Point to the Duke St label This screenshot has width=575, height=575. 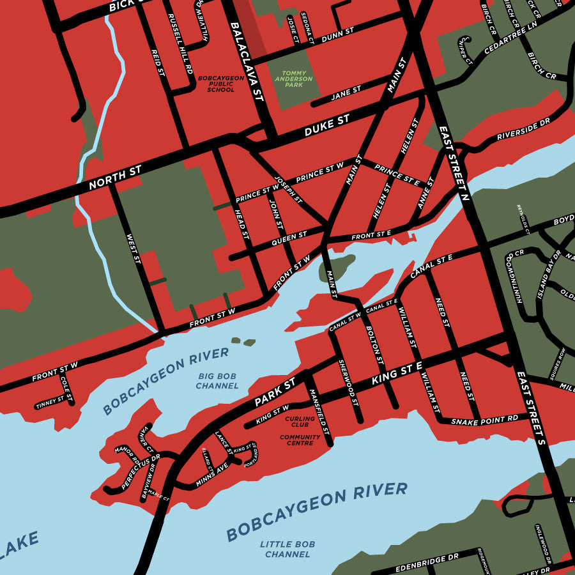[x=327, y=126]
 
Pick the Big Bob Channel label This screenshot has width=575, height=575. [x=217, y=381]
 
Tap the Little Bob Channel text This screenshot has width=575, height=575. [x=287, y=549]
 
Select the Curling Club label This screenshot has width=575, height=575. [x=300, y=422]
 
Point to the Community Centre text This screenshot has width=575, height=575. [x=300, y=440]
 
